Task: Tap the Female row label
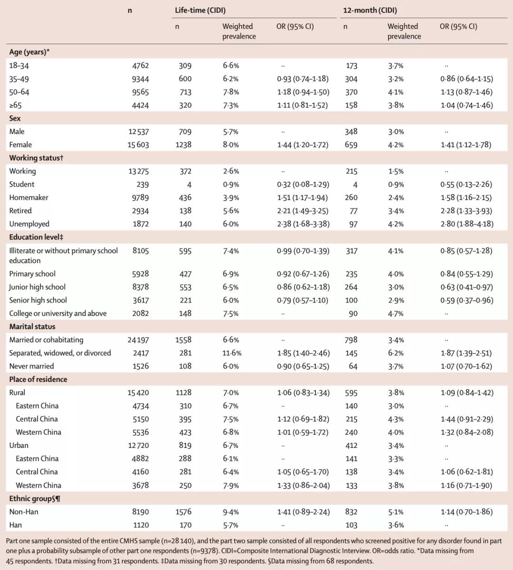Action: (x=20, y=145)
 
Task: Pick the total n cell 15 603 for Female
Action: (x=138, y=145)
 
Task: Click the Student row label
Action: (x=22, y=184)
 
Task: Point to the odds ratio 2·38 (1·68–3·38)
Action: (x=303, y=224)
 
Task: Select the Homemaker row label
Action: (x=28, y=198)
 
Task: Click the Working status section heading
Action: (x=36, y=158)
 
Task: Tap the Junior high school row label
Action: (x=37, y=287)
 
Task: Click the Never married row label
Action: (x=31, y=366)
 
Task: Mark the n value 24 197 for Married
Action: (x=138, y=340)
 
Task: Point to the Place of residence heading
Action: (x=38, y=380)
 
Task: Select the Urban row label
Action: (x=19, y=446)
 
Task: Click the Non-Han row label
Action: (x=24, y=512)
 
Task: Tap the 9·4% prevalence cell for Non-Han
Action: (x=231, y=512)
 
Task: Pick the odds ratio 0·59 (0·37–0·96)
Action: (x=466, y=300)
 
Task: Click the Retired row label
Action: (x=20, y=211)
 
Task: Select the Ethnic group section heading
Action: (x=35, y=499)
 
